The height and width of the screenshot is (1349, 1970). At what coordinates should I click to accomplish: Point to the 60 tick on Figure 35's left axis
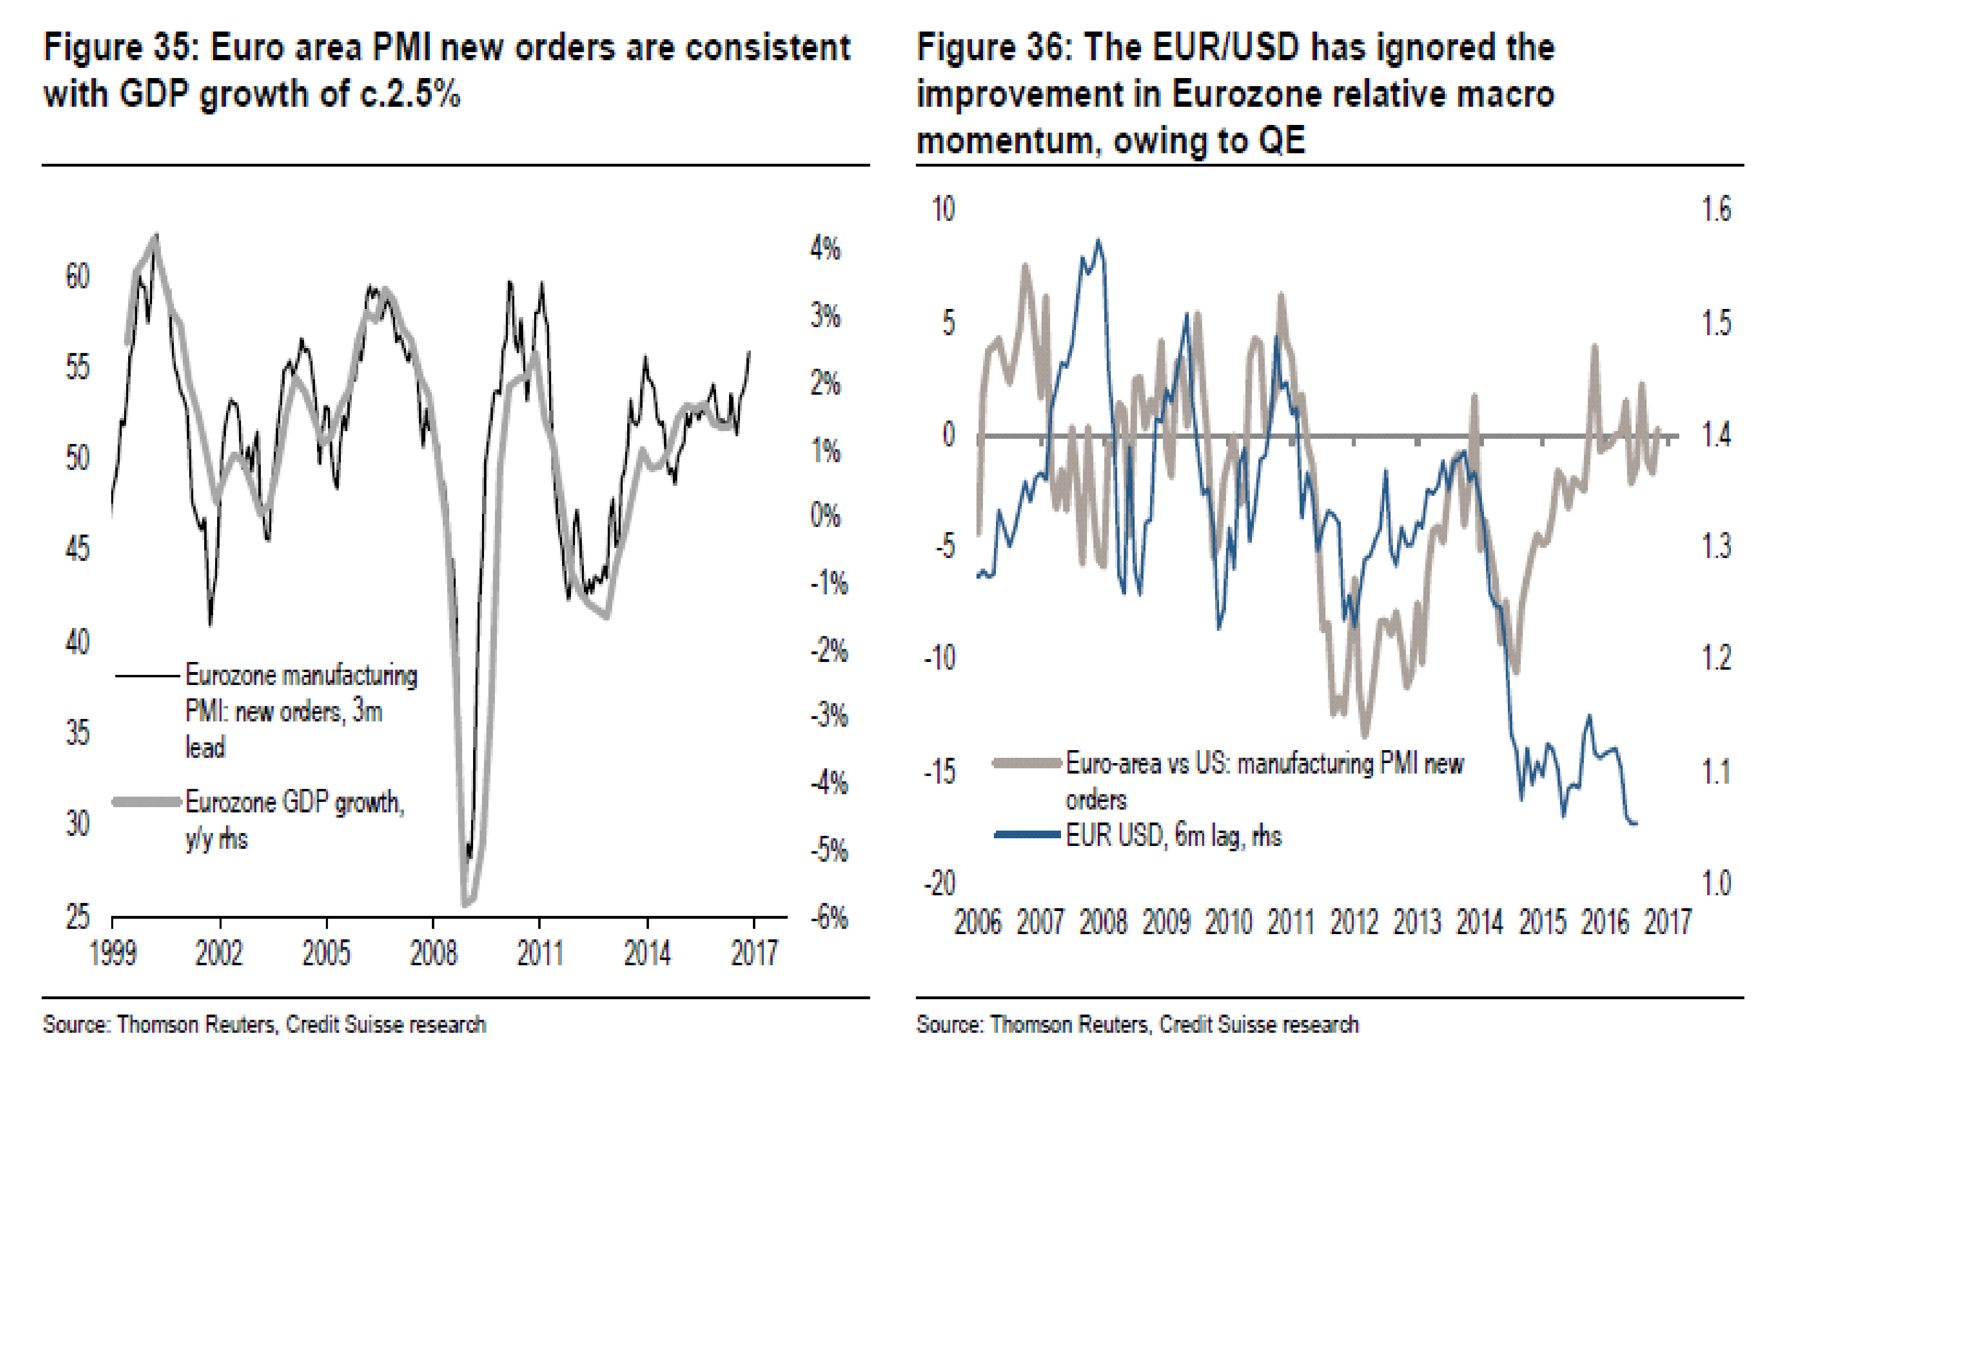point(77,277)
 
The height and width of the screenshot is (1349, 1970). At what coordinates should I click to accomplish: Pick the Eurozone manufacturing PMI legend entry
point(300,710)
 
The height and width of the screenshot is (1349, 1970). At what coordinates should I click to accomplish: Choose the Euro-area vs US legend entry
point(1263,780)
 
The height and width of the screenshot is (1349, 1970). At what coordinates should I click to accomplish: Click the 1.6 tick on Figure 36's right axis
point(1716,209)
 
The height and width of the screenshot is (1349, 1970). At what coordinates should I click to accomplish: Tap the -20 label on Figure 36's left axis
point(940,884)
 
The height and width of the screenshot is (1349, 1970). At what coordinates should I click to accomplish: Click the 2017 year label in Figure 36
point(1668,922)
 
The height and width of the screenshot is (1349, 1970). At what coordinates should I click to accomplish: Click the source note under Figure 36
point(1137,1024)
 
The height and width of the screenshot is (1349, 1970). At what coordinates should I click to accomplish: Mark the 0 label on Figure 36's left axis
point(949,435)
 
